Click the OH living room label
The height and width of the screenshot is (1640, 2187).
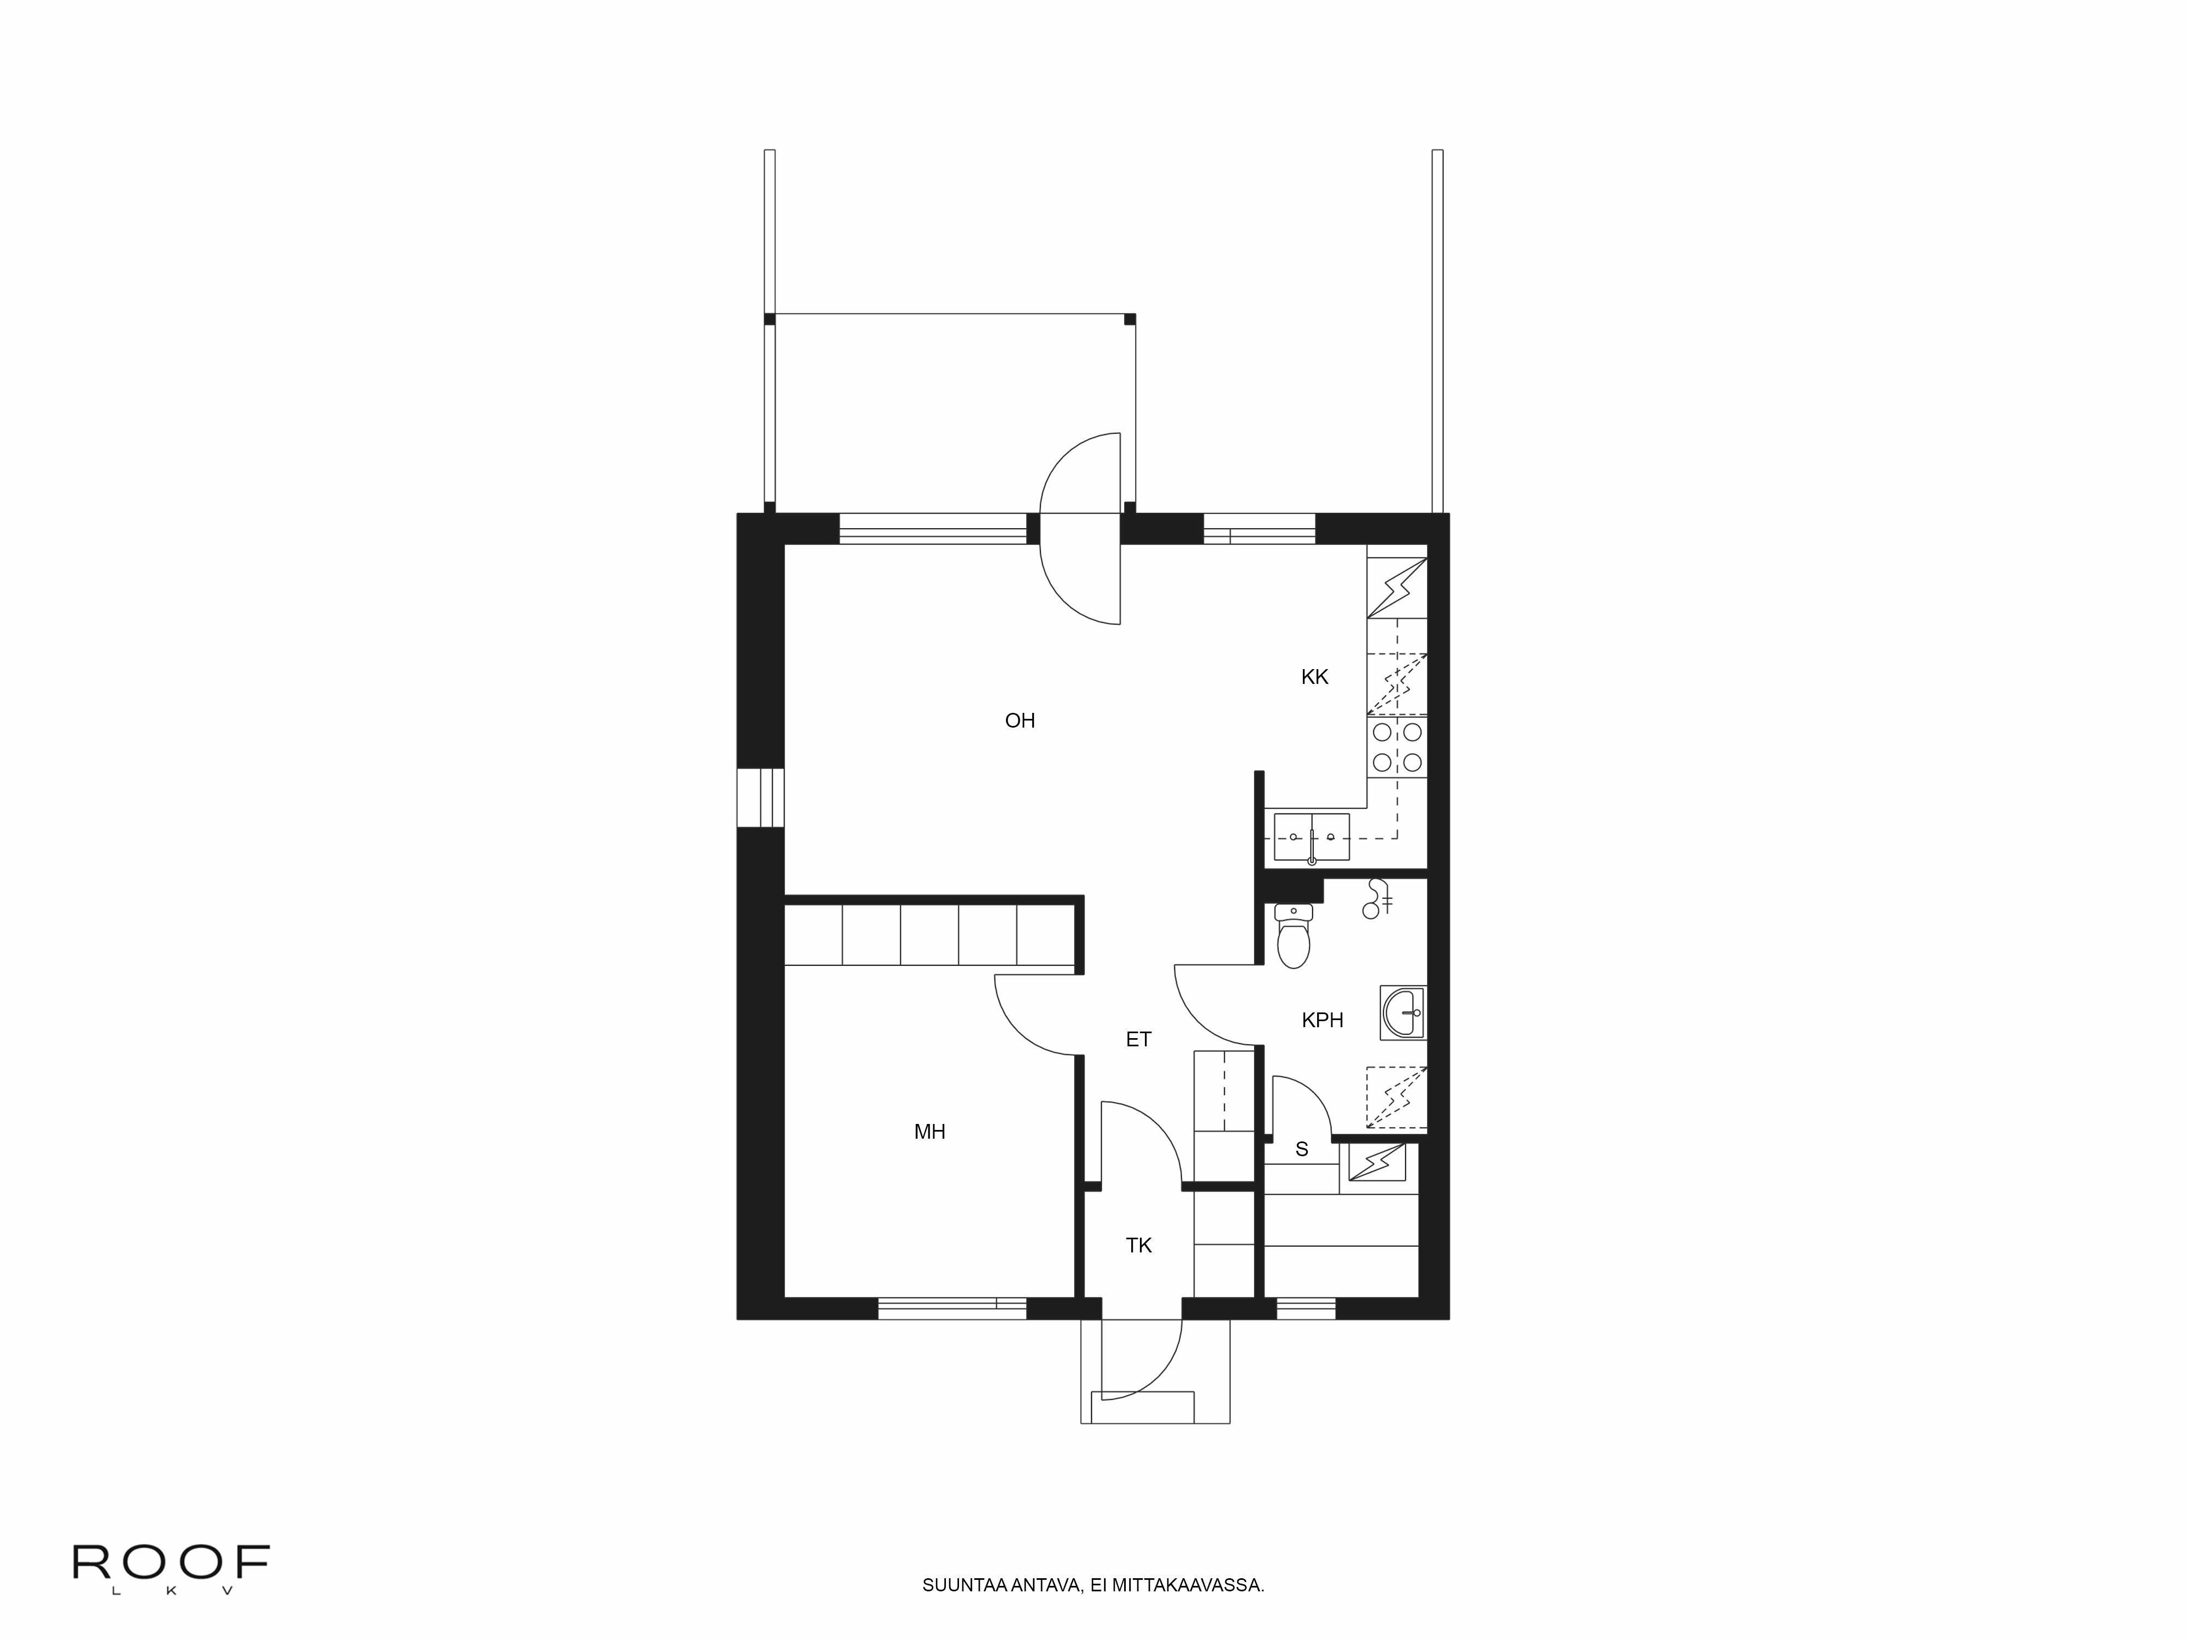click(x=1019, y=721)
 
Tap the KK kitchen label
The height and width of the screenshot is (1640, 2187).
click(x=1314, y=677)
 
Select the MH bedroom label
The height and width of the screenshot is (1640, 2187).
click(x=929, y=1132)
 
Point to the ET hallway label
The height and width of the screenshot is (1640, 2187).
click(x=1138, y=1039)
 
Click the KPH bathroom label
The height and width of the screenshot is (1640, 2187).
click(x=1322, y=1020)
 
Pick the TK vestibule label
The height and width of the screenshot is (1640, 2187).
click(x=1138, y=1245)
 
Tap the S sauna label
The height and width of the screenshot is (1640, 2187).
click(x=1301, y=1150)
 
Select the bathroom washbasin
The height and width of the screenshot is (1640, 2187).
click(x=1403, y=1012)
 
